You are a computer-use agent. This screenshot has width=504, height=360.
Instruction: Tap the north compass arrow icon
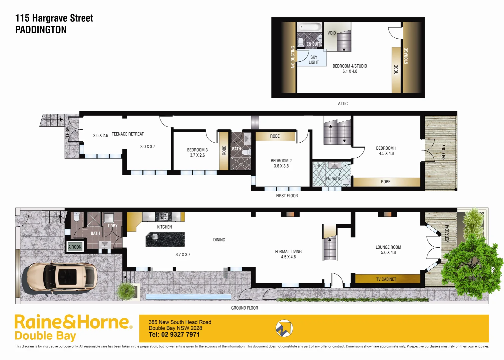284,328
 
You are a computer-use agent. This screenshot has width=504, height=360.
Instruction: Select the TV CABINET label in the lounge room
386,279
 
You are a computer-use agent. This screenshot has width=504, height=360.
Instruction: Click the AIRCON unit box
75,247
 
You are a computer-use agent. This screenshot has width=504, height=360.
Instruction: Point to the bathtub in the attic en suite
309,27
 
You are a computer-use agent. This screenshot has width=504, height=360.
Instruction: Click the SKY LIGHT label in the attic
313,60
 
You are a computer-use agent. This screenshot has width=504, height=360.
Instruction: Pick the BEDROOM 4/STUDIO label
350,66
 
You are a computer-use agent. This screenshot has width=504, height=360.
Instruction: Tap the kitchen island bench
165,239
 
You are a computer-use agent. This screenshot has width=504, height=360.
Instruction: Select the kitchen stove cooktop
163,216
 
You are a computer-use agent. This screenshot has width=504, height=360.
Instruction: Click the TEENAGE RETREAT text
128,134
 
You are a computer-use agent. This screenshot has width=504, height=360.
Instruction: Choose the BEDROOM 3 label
197,150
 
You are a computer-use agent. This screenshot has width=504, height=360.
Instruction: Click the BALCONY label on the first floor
443,152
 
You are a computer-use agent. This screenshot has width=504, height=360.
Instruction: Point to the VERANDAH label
447,233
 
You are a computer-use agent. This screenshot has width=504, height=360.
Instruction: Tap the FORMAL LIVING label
288,252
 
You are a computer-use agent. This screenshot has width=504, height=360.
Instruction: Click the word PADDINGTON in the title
41,30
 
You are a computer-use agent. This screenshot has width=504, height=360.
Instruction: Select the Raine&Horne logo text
72,322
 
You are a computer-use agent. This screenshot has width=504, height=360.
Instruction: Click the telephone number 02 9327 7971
180,335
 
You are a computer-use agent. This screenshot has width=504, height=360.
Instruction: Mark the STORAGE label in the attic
406,56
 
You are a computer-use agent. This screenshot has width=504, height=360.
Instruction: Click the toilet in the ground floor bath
77,217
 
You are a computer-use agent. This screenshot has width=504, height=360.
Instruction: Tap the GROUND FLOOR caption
245,308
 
